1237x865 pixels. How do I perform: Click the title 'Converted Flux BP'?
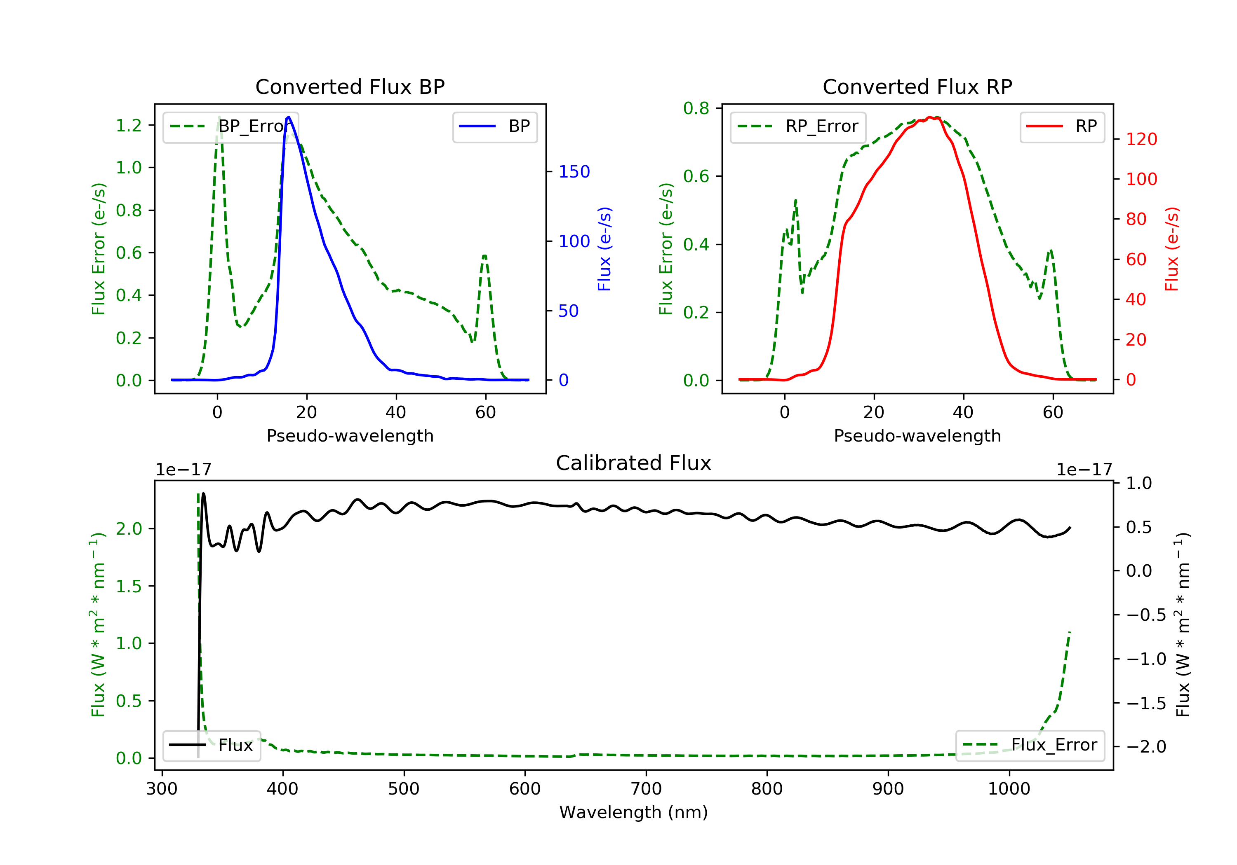[350, 86]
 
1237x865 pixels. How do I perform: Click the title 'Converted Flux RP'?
[917, 86]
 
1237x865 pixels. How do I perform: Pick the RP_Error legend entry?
[798, 126]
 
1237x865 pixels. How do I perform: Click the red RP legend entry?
[1062, 126]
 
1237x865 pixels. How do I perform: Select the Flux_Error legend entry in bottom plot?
[1030, 745]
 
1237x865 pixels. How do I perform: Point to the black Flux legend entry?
[212, 745]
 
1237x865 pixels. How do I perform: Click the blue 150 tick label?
[574, 172]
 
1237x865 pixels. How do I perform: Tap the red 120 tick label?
[1141, 139]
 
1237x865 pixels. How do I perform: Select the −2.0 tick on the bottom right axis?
[1146, 747]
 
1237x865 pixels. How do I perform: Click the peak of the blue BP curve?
[289, 117]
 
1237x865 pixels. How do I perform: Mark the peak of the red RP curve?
[930, 117]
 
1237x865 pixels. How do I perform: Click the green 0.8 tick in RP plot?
[696, 108]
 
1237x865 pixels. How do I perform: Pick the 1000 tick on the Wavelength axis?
[1009, 789]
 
